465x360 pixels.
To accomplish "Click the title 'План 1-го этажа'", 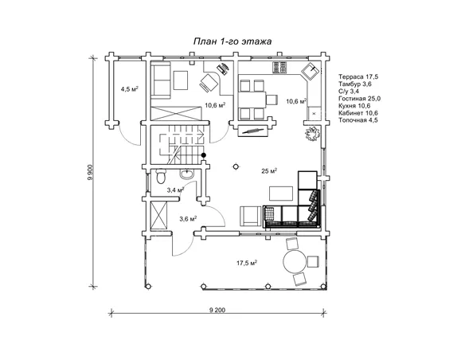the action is pos(232,41).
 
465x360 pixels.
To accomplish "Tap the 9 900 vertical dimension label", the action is pos(92,172).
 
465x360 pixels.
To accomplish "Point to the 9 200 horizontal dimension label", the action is pos(217,310).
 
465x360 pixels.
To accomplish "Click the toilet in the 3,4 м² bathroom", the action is pos(161,177).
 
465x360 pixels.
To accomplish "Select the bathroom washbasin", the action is pos(187,174).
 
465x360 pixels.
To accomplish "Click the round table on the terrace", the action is pos(295,261).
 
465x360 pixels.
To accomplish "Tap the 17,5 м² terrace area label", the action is pos(247,263).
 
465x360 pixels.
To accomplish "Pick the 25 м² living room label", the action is pos(269,170).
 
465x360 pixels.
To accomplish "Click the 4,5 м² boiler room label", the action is pos(130,89).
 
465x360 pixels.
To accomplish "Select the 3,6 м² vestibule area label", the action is pos(189,219).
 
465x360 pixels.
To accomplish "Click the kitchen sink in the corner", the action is pos(311,71).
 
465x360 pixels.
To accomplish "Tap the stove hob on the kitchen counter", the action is pos(280,68).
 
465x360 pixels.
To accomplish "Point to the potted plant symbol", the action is pos(313,134).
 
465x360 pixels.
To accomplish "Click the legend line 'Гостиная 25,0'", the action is pos(360,99).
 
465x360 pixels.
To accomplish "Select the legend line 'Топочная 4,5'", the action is pos(358,120).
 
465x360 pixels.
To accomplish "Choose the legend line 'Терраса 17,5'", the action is pos(358,76).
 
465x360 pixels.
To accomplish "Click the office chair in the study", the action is pos(209,83).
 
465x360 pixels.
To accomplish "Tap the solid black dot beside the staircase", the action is pos(204,155).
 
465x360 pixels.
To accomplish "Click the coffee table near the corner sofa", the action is pos(281,194).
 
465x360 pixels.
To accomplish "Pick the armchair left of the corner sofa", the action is pos(251,217).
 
